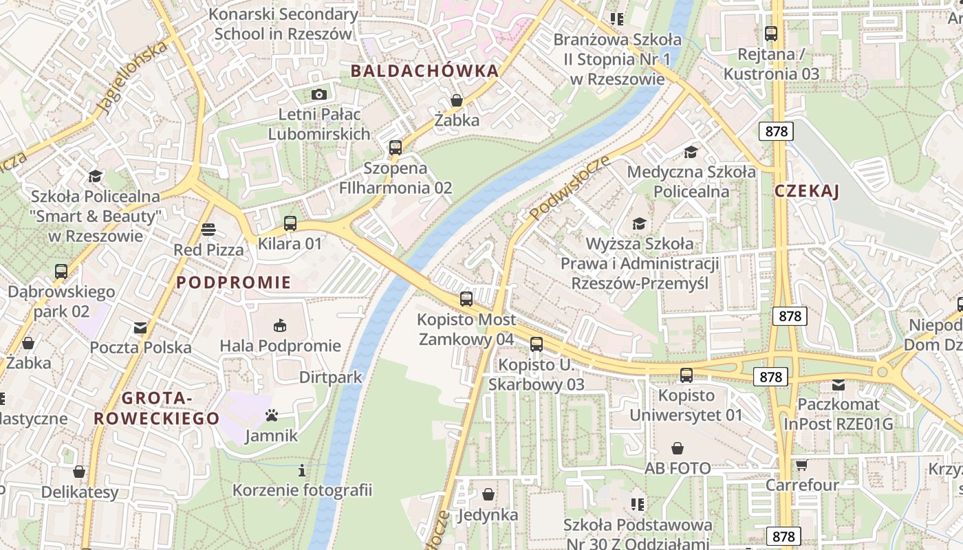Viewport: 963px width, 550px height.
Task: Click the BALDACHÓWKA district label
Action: pyautogui.click(x=424, y=71)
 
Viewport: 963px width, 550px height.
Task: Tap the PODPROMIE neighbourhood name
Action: pyautogui.click(x=234, y=283)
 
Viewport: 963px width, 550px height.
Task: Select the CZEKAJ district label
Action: pyautogui.click(x=807, y=192)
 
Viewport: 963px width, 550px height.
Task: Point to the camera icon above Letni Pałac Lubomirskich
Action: pyautogui.click(x=318, y=94)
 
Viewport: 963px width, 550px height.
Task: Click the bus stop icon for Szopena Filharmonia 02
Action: pyautogui.click(x=395, y=147)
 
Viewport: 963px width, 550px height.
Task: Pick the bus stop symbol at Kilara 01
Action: pyautogui.click(x=290, y=223)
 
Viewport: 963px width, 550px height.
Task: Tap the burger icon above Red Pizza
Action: pyautogui.click(x=208, y=230)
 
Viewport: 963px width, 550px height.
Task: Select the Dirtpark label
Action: pyautogui.click(x=330, y=377)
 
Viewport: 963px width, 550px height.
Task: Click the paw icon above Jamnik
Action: pyautogui.click(x=272, y=415)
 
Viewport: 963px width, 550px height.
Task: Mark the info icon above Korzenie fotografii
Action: pyautogui.click(x=301, y=470)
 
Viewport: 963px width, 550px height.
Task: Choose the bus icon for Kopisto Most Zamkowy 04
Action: pyautogui.click(x=466, y=299)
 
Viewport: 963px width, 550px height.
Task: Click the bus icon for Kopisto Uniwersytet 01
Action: pyautogui.click(x=686, y=375)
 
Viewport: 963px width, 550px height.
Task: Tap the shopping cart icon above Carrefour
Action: pyautogui.click(x=801, y=465)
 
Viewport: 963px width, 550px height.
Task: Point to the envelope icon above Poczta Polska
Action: pyautogui.click(x=140, y=328)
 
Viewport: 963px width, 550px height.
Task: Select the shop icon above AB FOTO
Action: pyautogui.click(x=678, y=448)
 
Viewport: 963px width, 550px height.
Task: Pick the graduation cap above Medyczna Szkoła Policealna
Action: pyautogui.click(x=691, y=152)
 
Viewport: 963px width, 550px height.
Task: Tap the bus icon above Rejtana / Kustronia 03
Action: pyautogui.click(x=771, y=33)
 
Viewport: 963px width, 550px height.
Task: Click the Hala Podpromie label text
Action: pyautogui.click(x=280, y=346)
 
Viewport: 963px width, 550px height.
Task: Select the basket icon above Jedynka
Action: pyautogui.click(x=488, y=494)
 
